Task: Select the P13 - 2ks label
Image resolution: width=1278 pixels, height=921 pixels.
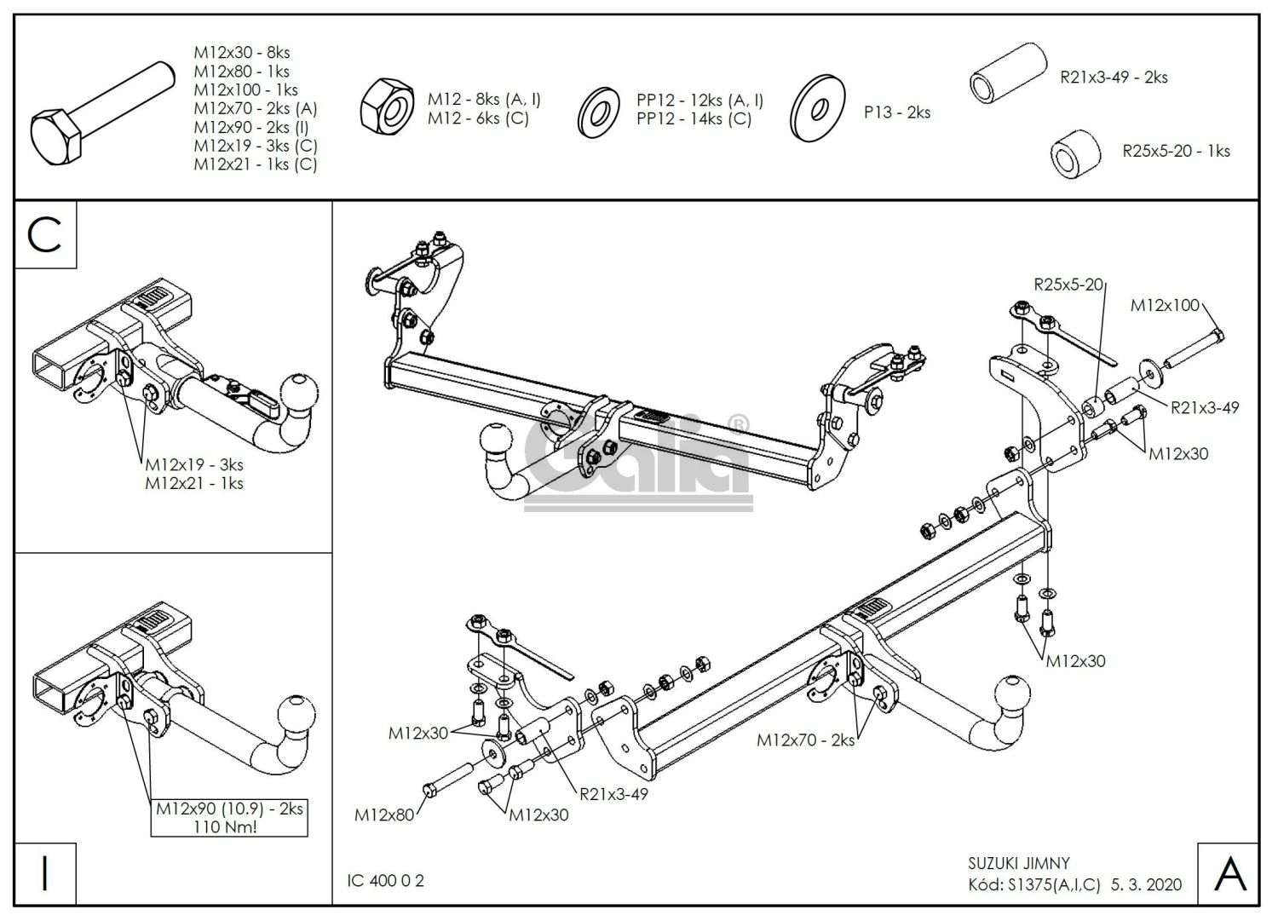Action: (x=896, y=112)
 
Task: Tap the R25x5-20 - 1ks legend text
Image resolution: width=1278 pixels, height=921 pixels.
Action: (x=1176, y=151)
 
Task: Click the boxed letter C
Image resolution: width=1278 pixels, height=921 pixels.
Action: (x=45, y=234)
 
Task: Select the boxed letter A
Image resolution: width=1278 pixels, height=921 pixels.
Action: (x=1228, y=873)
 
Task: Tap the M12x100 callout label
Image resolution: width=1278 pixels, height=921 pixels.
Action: (x=1164, y=305)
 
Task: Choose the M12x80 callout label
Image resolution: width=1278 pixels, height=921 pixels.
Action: (x=384, y=815)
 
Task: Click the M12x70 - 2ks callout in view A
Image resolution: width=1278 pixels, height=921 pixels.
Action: (x=805, y=740)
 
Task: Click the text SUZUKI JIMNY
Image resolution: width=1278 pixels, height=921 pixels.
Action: (x=1019, y=863)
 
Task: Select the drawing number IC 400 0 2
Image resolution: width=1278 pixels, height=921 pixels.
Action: (x=386, y=880)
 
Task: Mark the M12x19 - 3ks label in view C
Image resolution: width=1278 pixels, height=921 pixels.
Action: (x=194, y=464)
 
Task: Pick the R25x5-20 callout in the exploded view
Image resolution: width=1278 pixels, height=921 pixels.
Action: (x=1068, y=285)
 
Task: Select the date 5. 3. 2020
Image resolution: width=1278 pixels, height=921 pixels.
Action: (x=1148, y=884)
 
